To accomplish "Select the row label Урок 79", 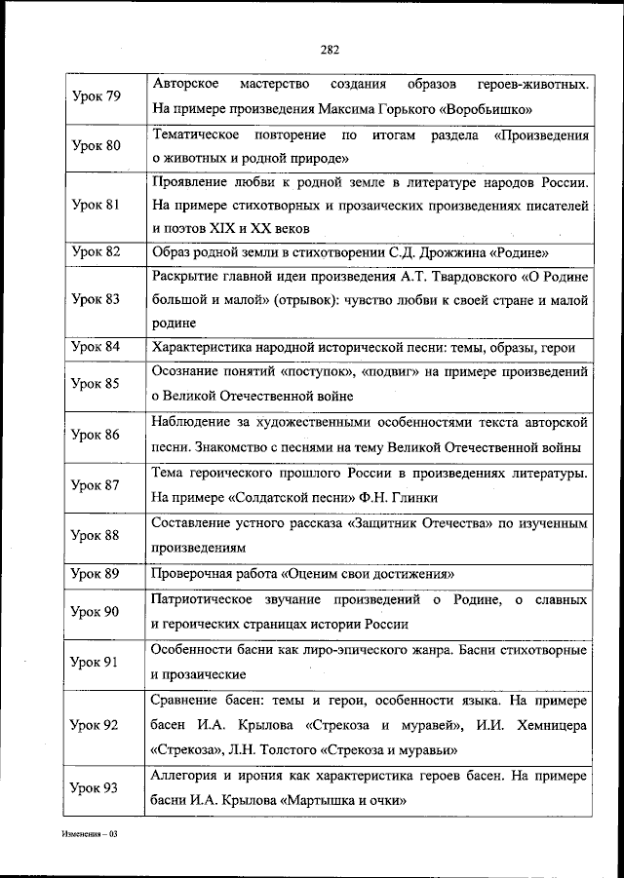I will point(97,96).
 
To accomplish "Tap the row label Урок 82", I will point(97,251).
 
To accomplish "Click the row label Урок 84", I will point(97,347).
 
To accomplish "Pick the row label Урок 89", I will point(97,573).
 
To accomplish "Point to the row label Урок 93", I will point(97,787).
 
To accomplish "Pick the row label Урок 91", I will point(97,663).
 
